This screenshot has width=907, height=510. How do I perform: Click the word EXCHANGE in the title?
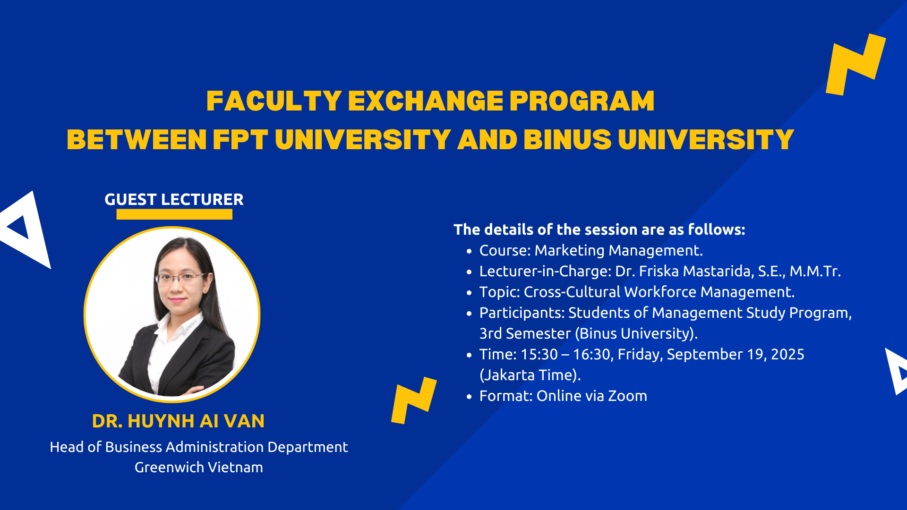pos(426,101)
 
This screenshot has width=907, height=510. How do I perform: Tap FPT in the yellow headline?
pos(240,140)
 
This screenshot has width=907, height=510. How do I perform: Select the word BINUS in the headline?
pos(567,140)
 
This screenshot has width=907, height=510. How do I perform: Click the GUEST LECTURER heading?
pos(174,200)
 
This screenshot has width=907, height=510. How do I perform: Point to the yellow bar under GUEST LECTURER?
pos(174,214)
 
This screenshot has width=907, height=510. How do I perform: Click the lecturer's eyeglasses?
pos(182,278)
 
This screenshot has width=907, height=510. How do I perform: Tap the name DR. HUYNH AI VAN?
pos(178,421)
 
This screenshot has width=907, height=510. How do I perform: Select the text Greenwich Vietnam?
pos(199,467)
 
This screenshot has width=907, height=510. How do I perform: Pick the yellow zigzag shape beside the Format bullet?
pos(414,400)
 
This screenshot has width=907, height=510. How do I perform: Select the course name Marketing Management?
pos(619,251)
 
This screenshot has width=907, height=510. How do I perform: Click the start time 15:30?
pos(539,355)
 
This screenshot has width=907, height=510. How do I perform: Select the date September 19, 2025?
pos(736,355)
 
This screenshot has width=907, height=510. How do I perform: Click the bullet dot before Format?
pos(469,397)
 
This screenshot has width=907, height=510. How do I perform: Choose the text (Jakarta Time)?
pos(530,375)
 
